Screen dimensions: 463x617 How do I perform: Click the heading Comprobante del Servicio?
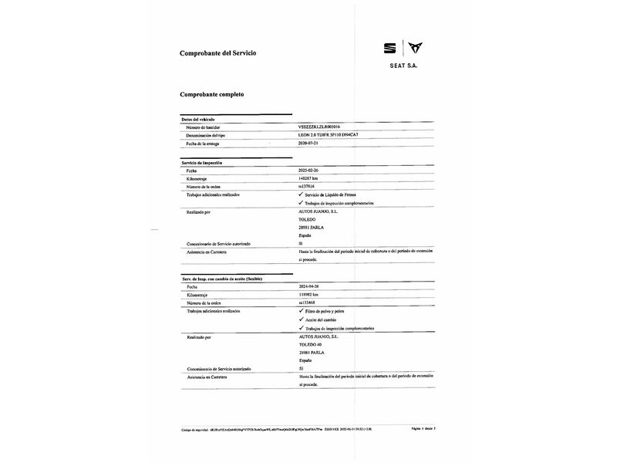[x=217, y=53]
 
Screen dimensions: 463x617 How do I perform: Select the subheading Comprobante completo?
[x=212, y=94]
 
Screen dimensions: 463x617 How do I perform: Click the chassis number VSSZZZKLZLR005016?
[x=324, y=127]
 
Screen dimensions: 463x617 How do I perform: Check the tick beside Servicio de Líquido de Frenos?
[x=300, y=195]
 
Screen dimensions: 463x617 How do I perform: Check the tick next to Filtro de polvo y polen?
[x=300, y=310]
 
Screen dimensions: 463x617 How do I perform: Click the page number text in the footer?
[x=423, y=428]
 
